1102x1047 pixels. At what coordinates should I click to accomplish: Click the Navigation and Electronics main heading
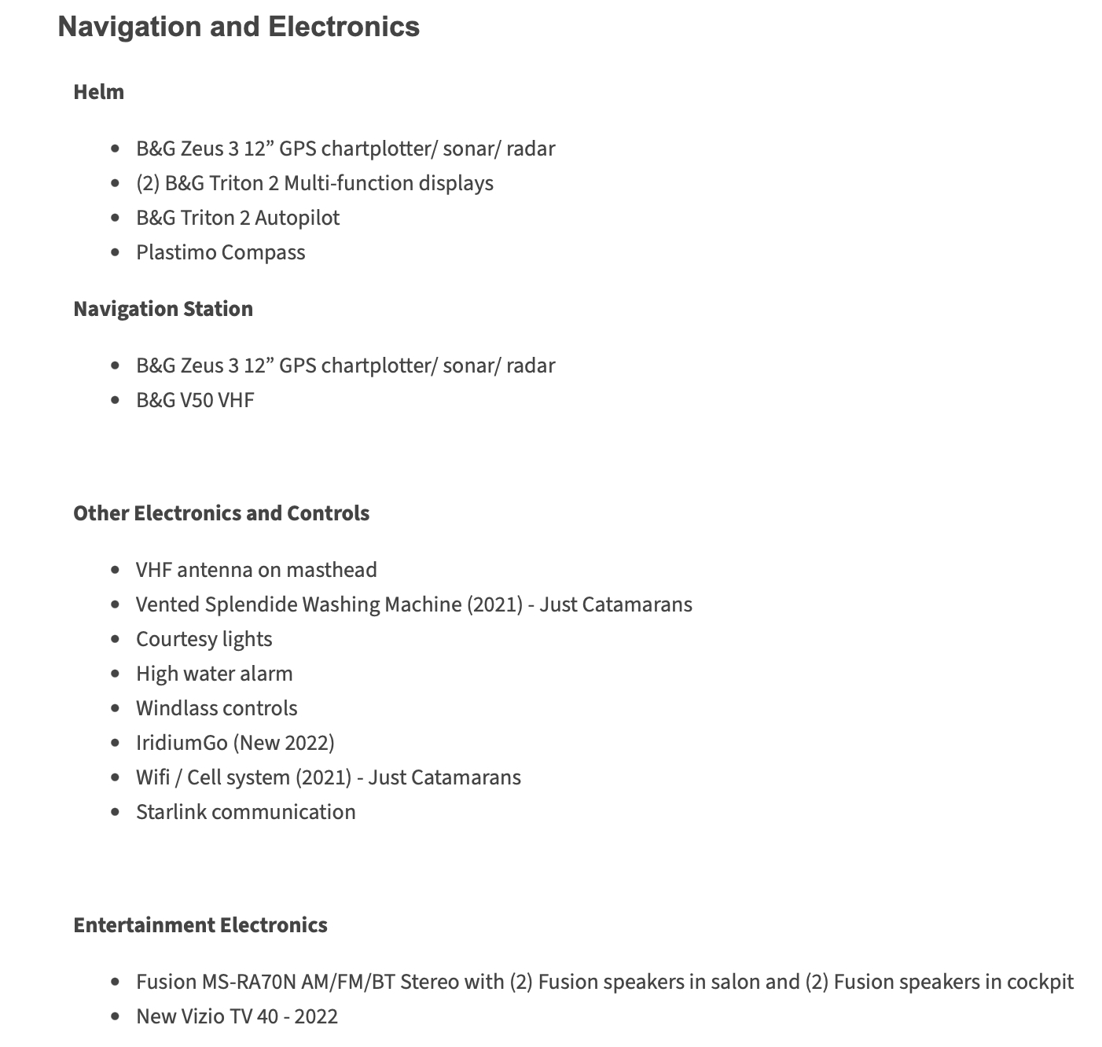239,27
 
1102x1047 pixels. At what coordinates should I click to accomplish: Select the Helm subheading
99,92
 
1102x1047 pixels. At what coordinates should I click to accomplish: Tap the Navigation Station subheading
163,309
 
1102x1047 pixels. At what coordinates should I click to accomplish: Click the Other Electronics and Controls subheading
222,513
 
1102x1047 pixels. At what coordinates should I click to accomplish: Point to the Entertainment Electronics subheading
200,925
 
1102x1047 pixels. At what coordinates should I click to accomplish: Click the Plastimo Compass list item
220,252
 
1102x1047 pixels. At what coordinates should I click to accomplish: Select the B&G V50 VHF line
195,400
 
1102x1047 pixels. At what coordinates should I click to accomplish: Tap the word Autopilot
297,218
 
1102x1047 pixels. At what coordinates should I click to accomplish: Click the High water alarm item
214,674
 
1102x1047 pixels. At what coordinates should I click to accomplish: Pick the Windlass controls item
216,708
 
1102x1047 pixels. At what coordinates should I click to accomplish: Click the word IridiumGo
182,743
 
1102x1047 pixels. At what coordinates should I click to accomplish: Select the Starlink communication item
245,812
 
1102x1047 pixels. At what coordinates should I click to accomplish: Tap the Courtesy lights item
204,639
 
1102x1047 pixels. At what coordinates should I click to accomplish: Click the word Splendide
251,604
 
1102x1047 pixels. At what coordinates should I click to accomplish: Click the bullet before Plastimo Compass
116,252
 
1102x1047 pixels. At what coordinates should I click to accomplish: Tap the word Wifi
152,777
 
